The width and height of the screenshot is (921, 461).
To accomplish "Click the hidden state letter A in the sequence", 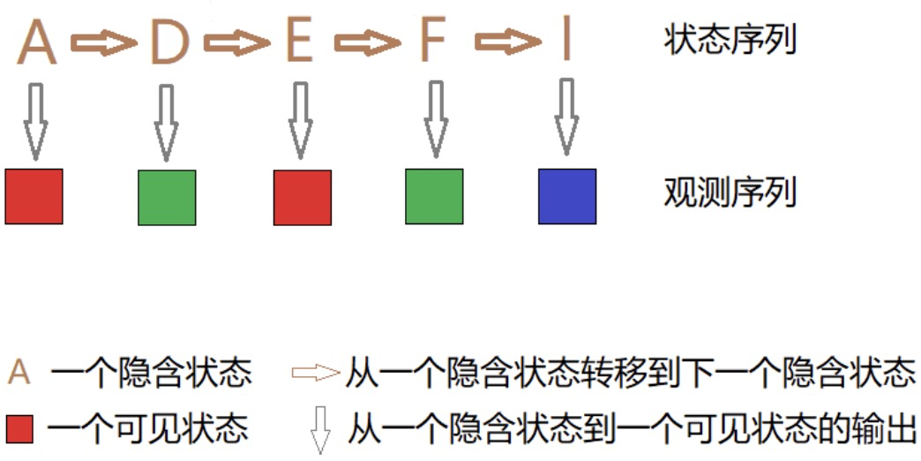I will (x=36, y=42).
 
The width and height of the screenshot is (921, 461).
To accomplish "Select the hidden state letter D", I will (x=169, y=42).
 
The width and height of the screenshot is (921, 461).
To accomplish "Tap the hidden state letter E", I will (x=299, y=42).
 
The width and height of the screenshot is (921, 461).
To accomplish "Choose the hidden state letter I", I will (x=565, y=42).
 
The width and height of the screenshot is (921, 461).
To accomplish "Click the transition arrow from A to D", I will (x=103, y=42).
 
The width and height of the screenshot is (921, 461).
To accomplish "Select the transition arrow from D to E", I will (x=236, y=42).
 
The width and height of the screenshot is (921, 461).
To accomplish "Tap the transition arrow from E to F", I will (x=367, y=42).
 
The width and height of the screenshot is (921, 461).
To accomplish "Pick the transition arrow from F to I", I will (x=507, y=42).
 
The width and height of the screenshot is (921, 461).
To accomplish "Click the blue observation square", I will (x=567, y=196).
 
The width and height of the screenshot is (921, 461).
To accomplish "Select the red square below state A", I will (x=34, y=196).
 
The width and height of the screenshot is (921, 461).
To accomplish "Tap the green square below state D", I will (x=167, y=197).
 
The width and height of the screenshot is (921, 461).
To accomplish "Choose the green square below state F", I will (x=434, y=196).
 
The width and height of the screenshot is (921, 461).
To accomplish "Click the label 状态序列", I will (x=730, y=41).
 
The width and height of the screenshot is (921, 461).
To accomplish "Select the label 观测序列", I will (x=730, y=192).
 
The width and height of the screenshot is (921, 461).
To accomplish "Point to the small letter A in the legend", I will (x=19, y=374).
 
